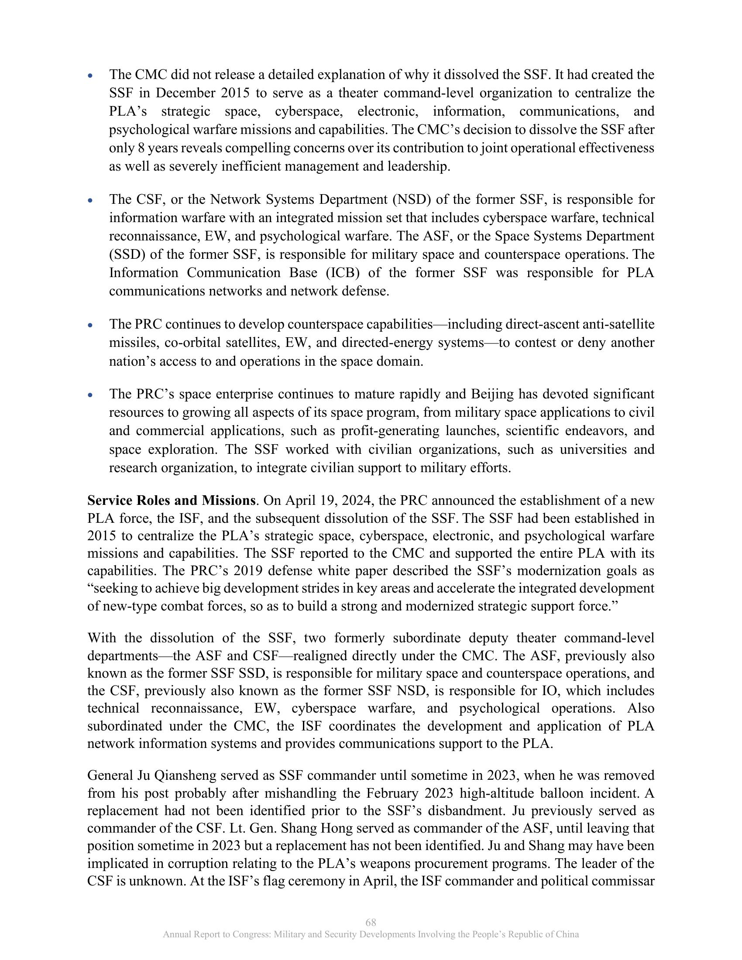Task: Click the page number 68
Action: [x=371, y=922]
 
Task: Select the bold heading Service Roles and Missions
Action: [x=171, y=500]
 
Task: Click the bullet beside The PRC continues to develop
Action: [x=90, y=325]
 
